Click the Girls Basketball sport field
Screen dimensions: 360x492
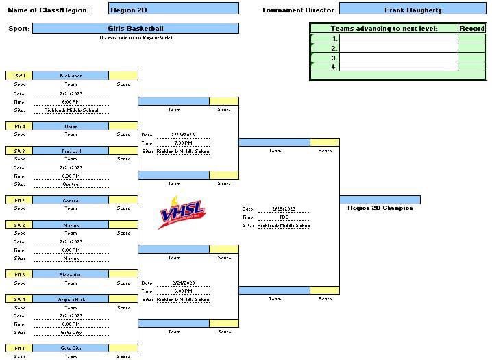click(x=136, y=29)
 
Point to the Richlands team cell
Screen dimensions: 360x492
click(x=71, y=75)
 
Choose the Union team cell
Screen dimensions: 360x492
click(x=71, y=126)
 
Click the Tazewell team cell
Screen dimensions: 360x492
click(x=71, y=150)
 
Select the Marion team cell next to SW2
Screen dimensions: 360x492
click(x=71, y=225)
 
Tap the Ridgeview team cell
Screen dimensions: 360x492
click(x=71, y=274)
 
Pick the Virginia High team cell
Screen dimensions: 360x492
click(x=71, y=299)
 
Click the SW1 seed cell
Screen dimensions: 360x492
click(x=19, y=75)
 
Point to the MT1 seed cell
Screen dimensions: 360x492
click(x=19, y=348)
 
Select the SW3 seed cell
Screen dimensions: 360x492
click(x=19, y=150)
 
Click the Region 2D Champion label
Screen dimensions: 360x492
click(x=380, y=208)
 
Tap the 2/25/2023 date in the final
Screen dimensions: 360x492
click(x=283, y=209)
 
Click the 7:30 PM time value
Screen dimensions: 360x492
click(x=182, y=143)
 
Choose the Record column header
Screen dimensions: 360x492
click(x=471, y=29)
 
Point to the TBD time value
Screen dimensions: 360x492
click(x=283, y=217)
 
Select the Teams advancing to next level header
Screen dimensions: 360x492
click(x=384, y=29)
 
